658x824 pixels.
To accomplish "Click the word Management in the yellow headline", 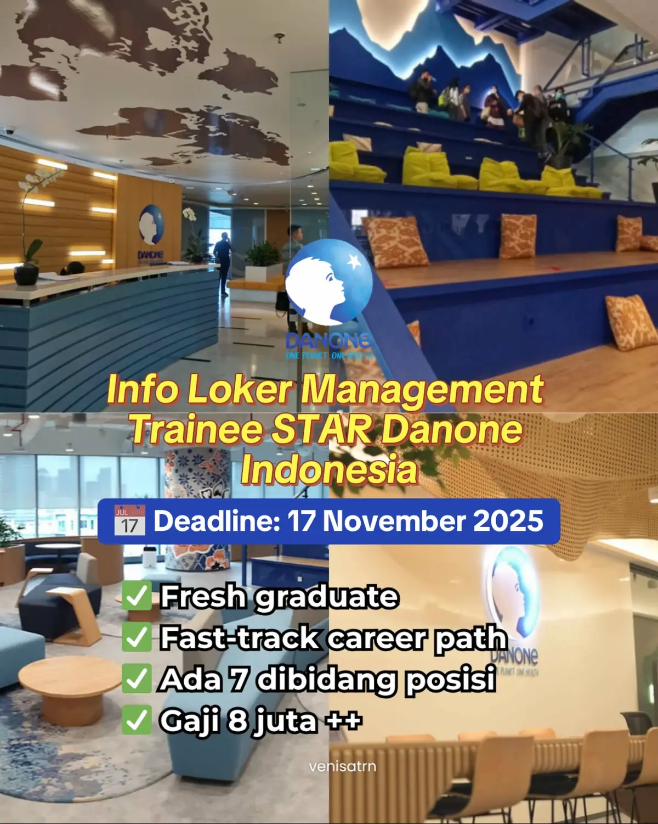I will click(x=422, y=390).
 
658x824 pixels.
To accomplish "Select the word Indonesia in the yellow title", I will click(x=329, y=470).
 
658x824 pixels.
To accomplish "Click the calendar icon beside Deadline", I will click(x=129, y=521).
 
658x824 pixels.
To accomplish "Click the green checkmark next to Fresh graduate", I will click(x=137, y=597).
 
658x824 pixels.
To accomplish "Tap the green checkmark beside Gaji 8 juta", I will click(x=137, y=720).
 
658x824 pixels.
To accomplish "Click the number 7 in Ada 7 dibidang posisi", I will click(x=238, y=679).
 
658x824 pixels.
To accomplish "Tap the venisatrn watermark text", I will click(x=343, y=766).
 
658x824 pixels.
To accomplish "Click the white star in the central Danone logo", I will click(x=354, y=261).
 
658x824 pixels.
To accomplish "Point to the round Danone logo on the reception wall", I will click(x=151, y=224).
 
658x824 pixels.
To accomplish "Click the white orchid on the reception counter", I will click(x=38, y=181).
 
